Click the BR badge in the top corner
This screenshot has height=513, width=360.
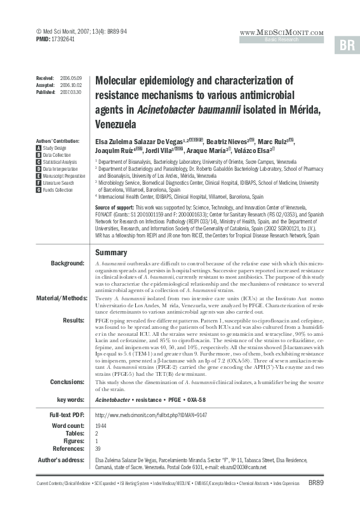pyautogui.click(x=347, y=45)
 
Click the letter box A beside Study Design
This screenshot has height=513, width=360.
pyautogui.click(x=39, y=147)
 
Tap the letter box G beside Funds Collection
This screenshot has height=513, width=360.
pyautogui.click(x=39, y=189)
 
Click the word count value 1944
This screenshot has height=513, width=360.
pyautogui.click(x=100, y=425)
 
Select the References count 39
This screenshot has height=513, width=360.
pyautogui.click(x=97, y=448)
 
